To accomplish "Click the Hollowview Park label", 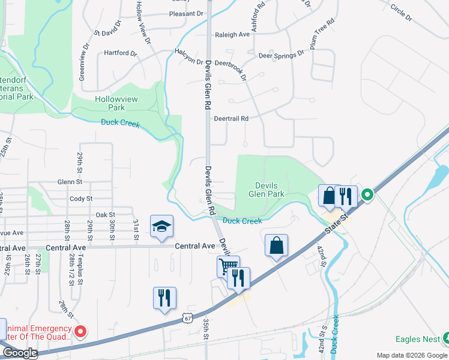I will click(x=109, y=103).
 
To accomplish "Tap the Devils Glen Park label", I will click(x=267, y=190).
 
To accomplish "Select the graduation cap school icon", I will click(x=161, y=226).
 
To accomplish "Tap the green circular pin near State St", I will click(x=366, y=194).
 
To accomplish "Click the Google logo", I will click(x=19, y=353).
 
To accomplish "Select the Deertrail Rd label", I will click(x=231, y=119).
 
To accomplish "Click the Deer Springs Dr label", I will click(x=281, y=54).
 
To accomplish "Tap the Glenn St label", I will click(x=70, y=182).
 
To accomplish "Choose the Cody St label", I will click(x=81, y=199).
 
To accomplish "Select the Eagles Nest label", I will click(x=422, y=339).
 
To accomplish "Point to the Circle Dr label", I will click(x=401, y=12).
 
